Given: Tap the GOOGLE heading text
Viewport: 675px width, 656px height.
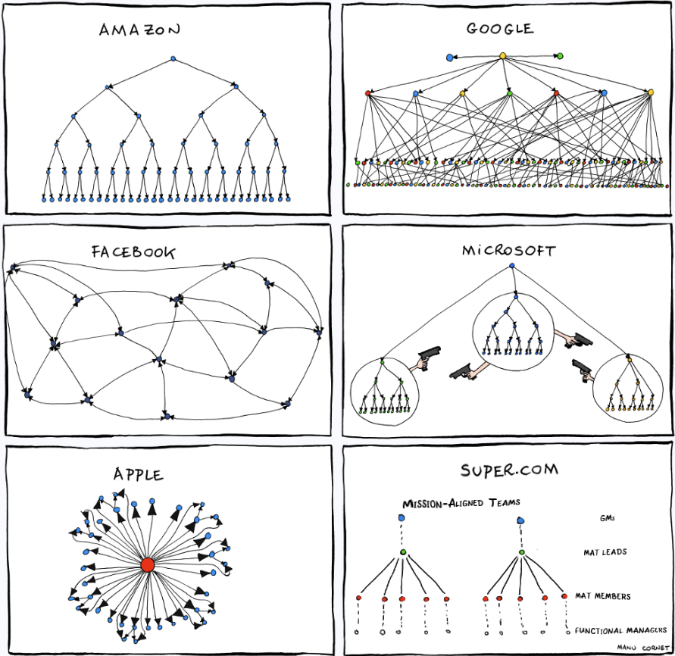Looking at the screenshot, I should [x=500, y=30].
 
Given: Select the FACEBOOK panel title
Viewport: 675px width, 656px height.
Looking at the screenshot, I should [x=133, y=251].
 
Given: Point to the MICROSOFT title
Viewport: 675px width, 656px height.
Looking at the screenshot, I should [x=509, y=250].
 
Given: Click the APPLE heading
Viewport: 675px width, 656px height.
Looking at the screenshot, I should [x=138, y=474].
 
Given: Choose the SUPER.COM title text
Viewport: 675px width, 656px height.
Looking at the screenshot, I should [x=509, y=470].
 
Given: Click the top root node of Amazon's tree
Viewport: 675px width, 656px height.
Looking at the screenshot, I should [x=173, y=58].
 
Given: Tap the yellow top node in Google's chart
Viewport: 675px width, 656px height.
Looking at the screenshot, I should [x=502, y=55].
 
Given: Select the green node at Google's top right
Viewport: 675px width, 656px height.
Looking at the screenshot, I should [x=560, y=55].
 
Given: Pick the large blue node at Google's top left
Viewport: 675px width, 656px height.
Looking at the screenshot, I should [x=450, y=57].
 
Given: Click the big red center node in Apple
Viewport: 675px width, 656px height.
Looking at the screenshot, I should [x=148, y=565].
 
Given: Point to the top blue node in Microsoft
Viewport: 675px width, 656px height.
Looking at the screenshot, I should [x=512, y=265].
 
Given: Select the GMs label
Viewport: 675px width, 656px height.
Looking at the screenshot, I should [x=605, y=519].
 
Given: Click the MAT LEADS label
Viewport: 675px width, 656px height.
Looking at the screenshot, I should [x=605, y=552].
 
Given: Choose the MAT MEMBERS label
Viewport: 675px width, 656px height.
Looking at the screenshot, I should [x=602, y=596].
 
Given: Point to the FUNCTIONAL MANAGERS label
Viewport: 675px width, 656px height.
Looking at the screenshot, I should [x=620, y=630].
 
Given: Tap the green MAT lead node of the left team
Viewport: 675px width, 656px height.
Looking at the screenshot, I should [x=403, y=552].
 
